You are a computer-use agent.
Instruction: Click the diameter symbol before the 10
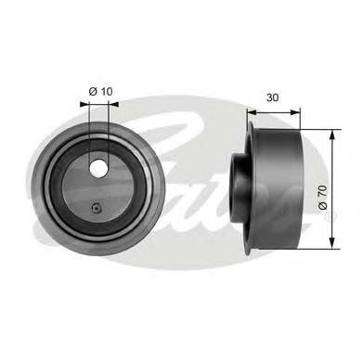click(93, 90)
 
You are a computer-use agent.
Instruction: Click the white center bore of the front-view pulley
click(98, 166)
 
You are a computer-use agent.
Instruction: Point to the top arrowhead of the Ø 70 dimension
click(330, 135)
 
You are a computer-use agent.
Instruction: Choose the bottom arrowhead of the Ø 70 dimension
click(330, 246)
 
